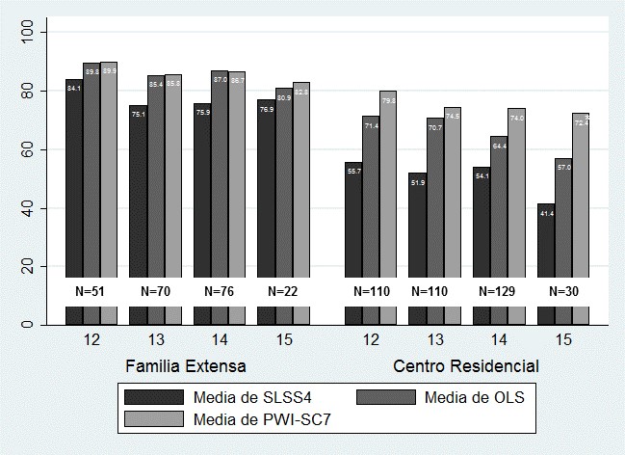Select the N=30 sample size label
[x=564, y=290]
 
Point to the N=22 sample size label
[x=283, y=290]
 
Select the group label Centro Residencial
[x=466, y=366]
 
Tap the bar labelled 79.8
[x=388, y=183]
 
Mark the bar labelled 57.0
[x=563, y=217]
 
